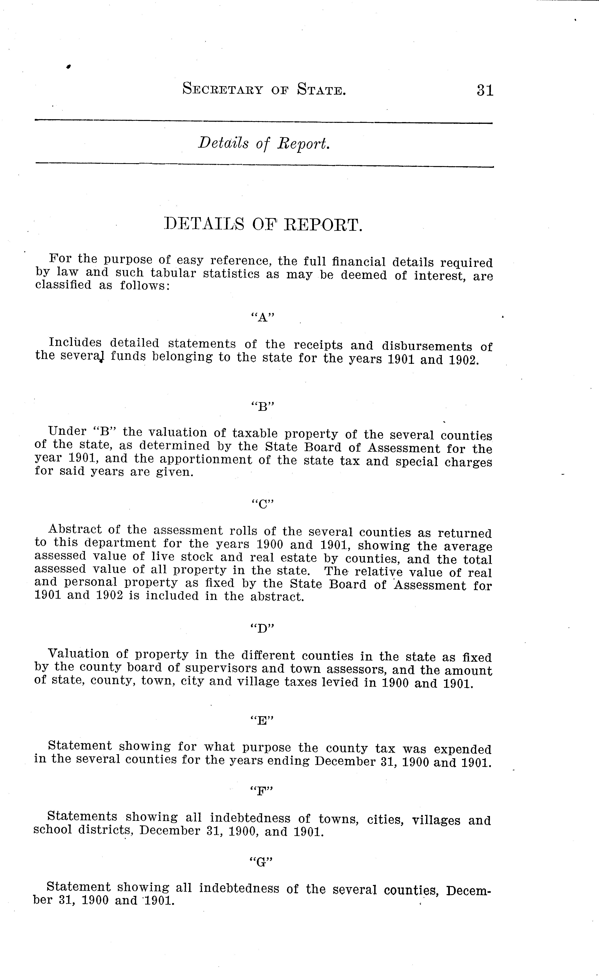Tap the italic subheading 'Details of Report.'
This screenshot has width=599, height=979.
tap(264, 144)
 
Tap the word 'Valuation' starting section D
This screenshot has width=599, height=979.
tap(78, 654)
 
